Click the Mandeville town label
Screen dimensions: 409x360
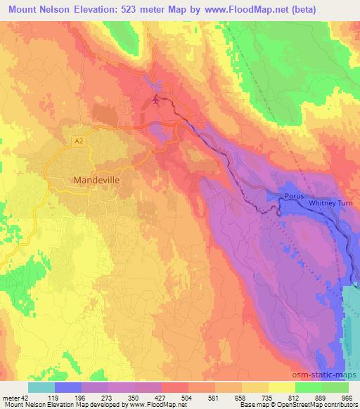pyautogui.click(x=96, y=180)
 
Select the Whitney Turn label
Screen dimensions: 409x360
pyautogui.click(x=331, y=203)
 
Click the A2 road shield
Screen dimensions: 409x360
pyautogui.click(x=80, y=141)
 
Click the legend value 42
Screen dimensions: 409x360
pyautogui.click(x=24, y=397)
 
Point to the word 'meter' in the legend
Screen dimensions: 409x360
pyautogui.click(x=11, y=397)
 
